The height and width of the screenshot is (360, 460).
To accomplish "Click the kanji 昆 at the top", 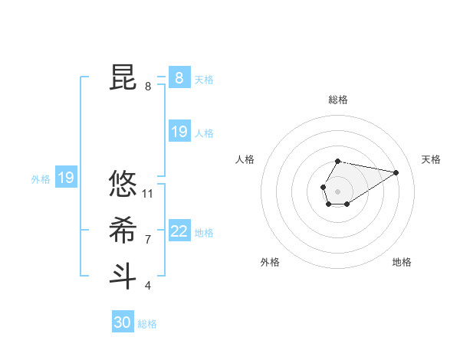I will point(123,78).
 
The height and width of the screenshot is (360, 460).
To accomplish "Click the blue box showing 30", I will point(123,322).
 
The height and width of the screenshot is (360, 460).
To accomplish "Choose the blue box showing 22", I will point(179,231).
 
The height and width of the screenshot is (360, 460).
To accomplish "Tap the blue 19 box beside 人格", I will point(179,132).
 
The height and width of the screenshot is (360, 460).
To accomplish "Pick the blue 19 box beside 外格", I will point(66,178).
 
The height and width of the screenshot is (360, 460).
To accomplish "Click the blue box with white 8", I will point(179,78).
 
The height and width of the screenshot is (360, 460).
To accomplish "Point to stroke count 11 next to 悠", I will point(148,193).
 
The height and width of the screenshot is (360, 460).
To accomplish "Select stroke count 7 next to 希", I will point(148,240).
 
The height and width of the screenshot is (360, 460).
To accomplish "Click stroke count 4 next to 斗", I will point(148,286).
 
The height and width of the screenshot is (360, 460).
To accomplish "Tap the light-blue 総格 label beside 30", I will point(147,324).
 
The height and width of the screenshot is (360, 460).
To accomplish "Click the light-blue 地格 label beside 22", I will point(205,233).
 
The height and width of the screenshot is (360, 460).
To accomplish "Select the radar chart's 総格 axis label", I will point(338,100).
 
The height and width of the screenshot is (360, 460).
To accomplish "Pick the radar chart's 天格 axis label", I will point(431,159).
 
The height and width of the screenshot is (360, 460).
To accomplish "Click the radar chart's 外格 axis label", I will point(270,262).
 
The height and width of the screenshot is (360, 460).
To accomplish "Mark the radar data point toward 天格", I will point(396,172).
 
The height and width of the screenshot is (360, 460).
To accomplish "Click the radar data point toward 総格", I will point(338,161).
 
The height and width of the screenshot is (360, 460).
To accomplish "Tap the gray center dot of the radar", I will point(337,191).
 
